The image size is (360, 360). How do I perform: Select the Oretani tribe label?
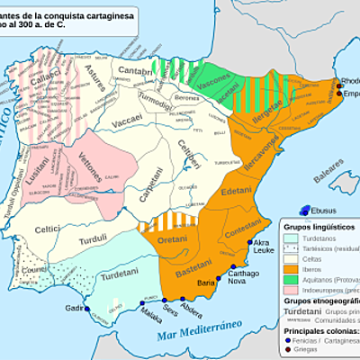pyautogui.click(x=174, y=238)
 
